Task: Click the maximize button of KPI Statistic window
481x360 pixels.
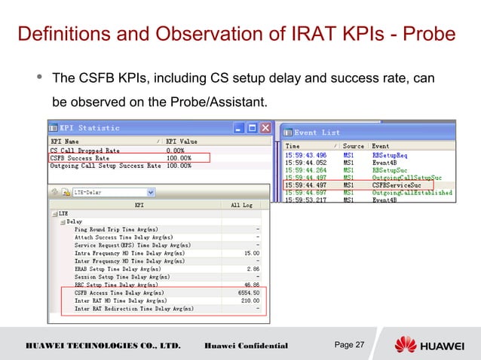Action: [252, 128]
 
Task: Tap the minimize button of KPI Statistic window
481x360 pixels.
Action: [239, 128]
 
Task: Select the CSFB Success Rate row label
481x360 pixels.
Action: [79, 158]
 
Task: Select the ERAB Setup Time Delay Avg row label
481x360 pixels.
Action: [117, 267]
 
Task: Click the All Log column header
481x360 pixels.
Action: [241, 204]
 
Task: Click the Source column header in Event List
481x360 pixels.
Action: [353, 146]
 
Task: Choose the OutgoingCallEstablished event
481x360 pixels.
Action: [412, 192]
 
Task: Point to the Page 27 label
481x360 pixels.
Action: [349, 345]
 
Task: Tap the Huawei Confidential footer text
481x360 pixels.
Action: [246, 346]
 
